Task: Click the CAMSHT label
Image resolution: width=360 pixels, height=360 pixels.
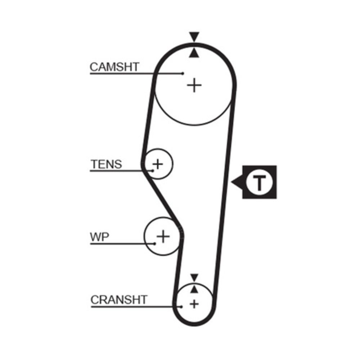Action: (114, 67)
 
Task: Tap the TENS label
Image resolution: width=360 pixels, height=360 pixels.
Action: (106, 165)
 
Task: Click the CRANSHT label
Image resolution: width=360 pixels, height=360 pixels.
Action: (119, 300)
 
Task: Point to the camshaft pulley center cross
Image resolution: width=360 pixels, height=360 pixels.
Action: (194, 85)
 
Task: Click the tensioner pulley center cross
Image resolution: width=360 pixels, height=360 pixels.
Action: (157, 164)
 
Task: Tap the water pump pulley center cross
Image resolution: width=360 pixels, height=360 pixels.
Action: (163, 237)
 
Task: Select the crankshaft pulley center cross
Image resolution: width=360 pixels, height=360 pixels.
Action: (194, 304)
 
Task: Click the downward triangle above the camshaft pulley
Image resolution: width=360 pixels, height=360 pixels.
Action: (194, 37)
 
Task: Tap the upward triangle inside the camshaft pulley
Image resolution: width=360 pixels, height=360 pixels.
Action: (194, 53)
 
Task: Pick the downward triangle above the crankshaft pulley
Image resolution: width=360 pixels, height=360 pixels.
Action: (194, 278)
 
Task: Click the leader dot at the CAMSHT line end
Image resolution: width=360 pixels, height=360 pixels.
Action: (183, 73)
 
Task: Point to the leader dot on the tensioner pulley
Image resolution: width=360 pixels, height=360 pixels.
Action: (153, 170)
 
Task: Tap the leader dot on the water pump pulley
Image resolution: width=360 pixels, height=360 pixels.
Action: (155, 244)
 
